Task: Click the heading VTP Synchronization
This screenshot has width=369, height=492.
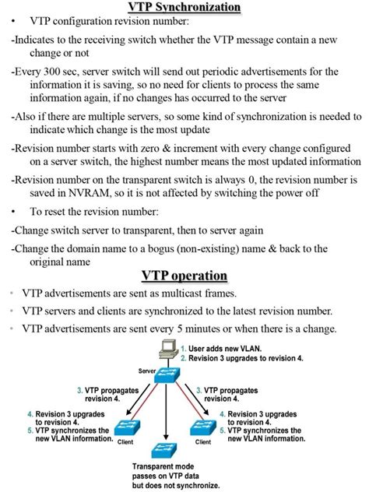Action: click(x=184, y=8)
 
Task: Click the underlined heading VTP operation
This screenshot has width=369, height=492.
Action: click(x=184, y=276)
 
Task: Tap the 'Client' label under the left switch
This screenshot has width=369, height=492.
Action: click(x=125, y=442)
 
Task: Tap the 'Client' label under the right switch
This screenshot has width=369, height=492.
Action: click(x=203, y=442)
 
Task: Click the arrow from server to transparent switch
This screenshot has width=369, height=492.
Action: click(x=167, y=413)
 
